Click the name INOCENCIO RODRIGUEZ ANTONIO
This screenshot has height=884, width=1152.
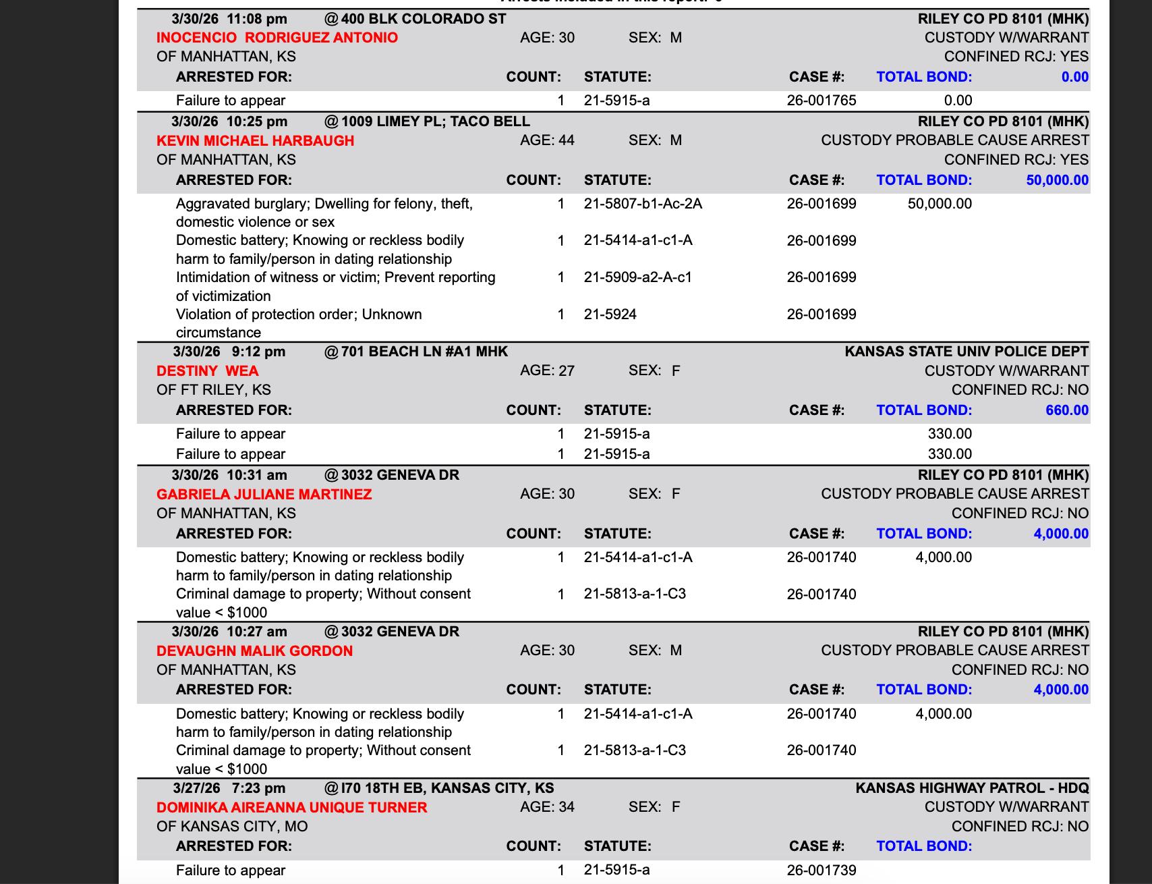(277, 38)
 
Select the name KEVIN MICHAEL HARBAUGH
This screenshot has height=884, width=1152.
(255, 141)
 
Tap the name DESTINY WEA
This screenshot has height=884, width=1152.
(207, 371)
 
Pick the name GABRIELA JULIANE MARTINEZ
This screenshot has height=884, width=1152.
(264, 495)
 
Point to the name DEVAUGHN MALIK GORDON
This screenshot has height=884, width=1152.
(254, 651)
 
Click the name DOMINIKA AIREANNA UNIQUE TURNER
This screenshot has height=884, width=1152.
(291, 808)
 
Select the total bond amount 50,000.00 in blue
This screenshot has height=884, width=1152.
(1057, 180)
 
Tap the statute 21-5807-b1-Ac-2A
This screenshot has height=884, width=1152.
(643, 204)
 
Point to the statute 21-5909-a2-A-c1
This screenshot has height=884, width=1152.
(637, 277)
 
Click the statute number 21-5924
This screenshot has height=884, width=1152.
(610, 314)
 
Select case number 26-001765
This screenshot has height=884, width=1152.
(821, 101)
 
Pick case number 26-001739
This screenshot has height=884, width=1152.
(821, 871)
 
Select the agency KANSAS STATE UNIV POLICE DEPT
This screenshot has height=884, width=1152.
(966, 352)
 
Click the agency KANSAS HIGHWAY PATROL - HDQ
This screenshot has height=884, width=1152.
(971, 788)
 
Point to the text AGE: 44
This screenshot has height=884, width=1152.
(547, 140)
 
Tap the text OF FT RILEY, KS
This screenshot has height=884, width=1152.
(213, 390)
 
